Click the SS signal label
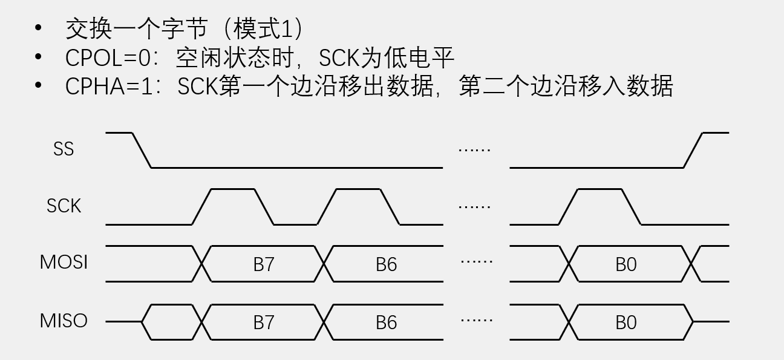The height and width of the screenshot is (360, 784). (64, 149)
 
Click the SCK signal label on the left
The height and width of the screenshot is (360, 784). (64, 206)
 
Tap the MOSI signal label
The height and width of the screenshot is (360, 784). (64, 263)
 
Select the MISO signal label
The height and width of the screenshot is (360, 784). (64, 321)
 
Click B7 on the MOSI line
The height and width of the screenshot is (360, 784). (264, 264)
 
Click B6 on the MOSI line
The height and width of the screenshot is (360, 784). (386, 264)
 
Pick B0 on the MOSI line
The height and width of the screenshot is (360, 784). (626, 264)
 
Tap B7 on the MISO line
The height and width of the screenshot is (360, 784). (264, 322)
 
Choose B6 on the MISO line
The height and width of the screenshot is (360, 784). (386, 322)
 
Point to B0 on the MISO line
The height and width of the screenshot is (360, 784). (626, 322)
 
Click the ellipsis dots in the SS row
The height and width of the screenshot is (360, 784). (475, 149)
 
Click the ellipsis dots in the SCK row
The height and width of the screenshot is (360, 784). (475, 207)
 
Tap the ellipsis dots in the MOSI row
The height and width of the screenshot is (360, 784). (476, 261)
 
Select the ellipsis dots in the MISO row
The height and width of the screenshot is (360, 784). (476, 319)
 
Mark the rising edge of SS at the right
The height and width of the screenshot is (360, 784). (694, 149)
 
